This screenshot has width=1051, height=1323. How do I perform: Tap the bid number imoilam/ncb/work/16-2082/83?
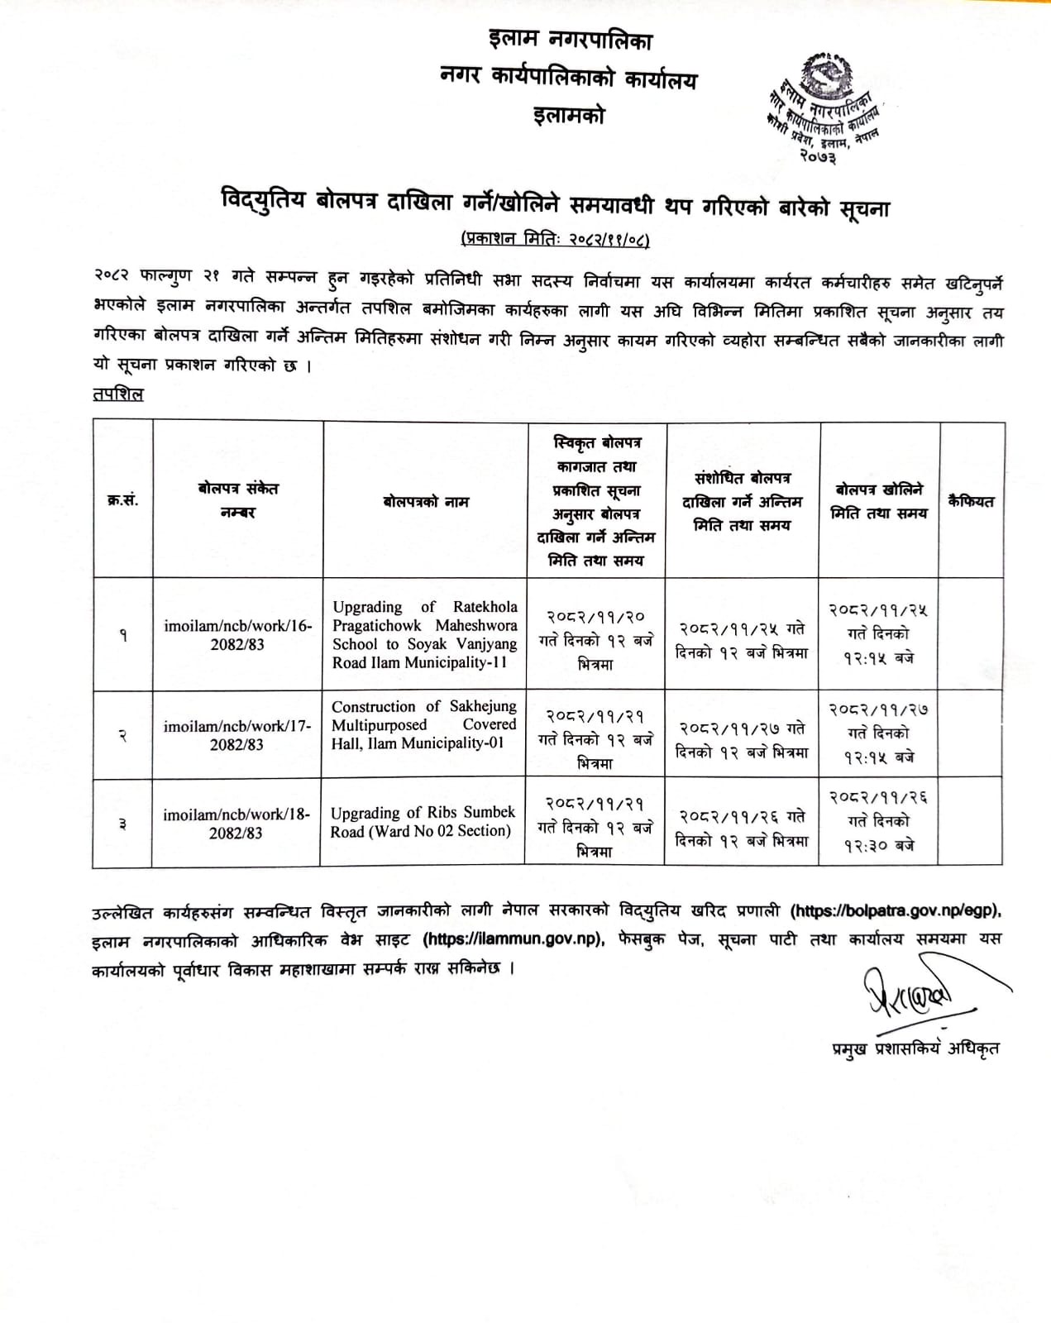pyautogui.click(x=237, y=635)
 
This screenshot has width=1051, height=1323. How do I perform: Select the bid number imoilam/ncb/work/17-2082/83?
pyautogui.click(x=237, y=735)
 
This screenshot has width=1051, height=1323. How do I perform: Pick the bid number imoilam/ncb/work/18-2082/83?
pyautogui.click(x=236, y=824)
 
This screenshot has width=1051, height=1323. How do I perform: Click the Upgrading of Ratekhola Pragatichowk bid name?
pyautogui.click(x=424, y=634)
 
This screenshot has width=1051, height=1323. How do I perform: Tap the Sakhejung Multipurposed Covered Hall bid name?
pyautogui.click(x=423, y=724)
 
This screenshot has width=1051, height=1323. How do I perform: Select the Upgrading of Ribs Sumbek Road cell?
pyautogui.click(x=423, y=822)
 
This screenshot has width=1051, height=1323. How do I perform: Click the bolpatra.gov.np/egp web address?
pyautogui.click(x=895, y=911)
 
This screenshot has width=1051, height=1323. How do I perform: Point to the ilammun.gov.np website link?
pyautogui.click(x=514, y=939)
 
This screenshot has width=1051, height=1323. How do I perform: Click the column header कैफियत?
pyautogui.click(x=971, y=501)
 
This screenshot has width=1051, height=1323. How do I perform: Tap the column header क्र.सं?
pyautogui.click(x=122, y=501)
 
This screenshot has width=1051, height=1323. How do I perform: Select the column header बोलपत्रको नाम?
pyautogui.click(x=425, y=502)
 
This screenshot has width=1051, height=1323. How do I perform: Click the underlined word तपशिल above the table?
pyautogui.click(x=118, y=394)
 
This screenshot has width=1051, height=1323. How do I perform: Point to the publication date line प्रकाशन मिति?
pyautogui.click(x=555, y=240)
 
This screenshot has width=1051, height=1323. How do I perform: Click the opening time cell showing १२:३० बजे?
pyautogui.click(x=878, y=845)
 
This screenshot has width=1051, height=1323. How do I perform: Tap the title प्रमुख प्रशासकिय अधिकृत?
pyautogui.click(x=915, y=1049)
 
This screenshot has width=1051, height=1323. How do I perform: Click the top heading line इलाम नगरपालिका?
pyautogui.click(x=570, y=40)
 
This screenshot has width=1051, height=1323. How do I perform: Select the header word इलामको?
pyautogui.click(x=570, y=116)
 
